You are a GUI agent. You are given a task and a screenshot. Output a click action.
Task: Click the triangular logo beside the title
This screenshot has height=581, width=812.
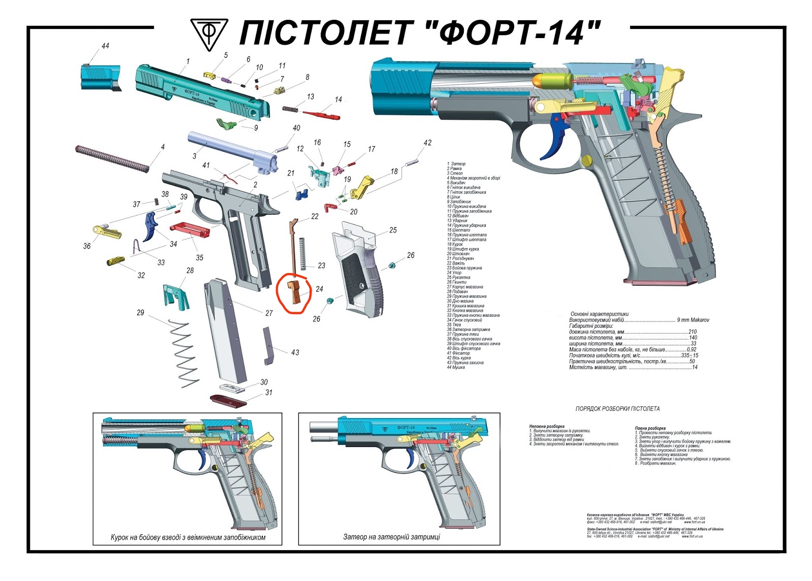(x=209, y=34)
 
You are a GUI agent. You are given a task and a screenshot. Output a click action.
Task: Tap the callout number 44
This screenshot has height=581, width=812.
(x=105, y=46)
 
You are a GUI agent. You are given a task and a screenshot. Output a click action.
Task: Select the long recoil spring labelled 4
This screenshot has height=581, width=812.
(x=112, y=158)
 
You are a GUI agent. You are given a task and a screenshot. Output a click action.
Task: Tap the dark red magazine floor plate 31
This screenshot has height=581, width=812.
(x=228, y=401)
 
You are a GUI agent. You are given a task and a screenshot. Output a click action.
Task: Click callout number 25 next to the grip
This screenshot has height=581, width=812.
(x=393, y=230)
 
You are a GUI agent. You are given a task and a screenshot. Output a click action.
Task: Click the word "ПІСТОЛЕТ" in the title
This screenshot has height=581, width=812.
(x=324, y=33)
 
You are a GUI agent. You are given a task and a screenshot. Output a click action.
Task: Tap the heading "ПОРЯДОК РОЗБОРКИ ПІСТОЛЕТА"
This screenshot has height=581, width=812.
(x=617, y=408)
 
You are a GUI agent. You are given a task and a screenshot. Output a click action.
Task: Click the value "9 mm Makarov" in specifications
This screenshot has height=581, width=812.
(x=693, y=320)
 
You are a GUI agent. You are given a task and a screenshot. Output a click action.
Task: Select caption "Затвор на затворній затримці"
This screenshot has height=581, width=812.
(x=391, y=537)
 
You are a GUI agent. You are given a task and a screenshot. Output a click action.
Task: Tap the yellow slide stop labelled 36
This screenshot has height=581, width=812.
(x=107, y=231)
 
